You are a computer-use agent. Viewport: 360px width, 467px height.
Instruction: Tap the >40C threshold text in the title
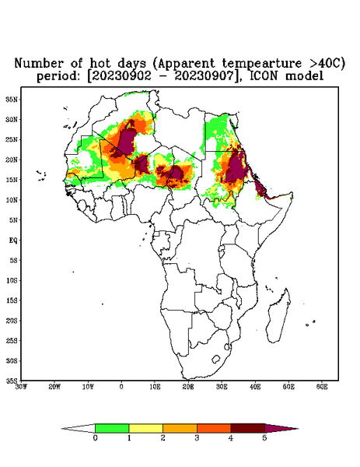pyautogui.click(x=323, y=63)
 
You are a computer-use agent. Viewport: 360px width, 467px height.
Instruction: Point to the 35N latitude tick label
pyautogui.click(x=12, y=99)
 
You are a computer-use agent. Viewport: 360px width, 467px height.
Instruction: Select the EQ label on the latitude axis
pyautogui.click(x=13, y=240)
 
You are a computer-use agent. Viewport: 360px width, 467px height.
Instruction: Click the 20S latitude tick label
pyautogui.click(x=12, y=321)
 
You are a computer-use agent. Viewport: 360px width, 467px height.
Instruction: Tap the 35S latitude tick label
pyautogui.click(x=12, y=381)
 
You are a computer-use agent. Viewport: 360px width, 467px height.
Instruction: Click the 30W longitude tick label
pyautogui.click(x=21, y=387)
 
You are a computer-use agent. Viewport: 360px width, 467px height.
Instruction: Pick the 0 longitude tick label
pyautogui.click(x=121, y=387)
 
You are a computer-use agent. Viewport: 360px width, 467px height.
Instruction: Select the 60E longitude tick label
pyautogui.click(x=322, y=387)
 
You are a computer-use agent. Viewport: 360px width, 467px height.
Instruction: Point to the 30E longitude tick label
pyautogui.click(x=222, y=387)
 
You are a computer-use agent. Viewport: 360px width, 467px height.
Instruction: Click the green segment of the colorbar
pyautogui.click(x=112, y=428)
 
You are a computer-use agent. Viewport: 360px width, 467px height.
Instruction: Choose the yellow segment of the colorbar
pyautogui.click(x=145, y=428)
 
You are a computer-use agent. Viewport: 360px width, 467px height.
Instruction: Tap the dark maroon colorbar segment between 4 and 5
pyautogui.click(x=248, y=428)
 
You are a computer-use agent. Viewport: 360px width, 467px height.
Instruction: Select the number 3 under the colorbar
pyautogui.click(x=197, y=438)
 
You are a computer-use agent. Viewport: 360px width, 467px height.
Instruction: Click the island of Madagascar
pyautogui.click(x=278, y=315)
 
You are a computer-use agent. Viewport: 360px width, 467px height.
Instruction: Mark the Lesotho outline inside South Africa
pyautogui.click(x=215, y=359)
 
